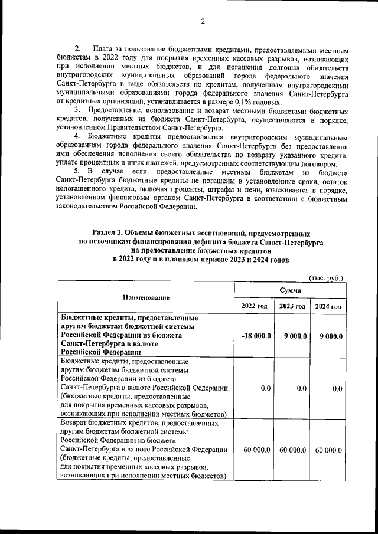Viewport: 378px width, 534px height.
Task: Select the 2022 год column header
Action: [255, 306]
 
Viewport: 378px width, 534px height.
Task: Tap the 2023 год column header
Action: [292, 306]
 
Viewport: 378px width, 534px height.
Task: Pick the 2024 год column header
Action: [328, 306]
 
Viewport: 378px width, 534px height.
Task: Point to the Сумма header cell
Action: [291, 290]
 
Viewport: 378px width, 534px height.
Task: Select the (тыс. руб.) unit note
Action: [326, 277]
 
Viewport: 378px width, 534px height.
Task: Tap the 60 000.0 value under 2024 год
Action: [328, 450]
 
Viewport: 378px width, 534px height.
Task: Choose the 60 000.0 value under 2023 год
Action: [292, 450]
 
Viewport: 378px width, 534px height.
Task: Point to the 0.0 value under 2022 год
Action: [265, 388]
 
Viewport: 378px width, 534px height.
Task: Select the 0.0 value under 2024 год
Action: [337, 388]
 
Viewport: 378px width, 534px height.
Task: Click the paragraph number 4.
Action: [76, 136]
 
